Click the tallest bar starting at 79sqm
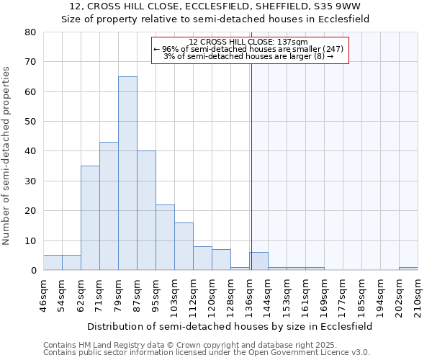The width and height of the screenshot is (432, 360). tap(127, 173)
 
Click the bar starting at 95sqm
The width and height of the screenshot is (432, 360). tap(165, 238)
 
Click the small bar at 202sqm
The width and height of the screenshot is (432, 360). tap(408, 269)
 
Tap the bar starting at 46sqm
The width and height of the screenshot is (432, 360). tap(53, 263)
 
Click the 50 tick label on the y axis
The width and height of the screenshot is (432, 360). tap(30, 122)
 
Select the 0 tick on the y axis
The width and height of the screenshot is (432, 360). tap(33, 271)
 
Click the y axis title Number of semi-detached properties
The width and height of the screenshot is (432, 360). tap(7, 156)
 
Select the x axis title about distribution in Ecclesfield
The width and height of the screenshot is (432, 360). tap(229, 326)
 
